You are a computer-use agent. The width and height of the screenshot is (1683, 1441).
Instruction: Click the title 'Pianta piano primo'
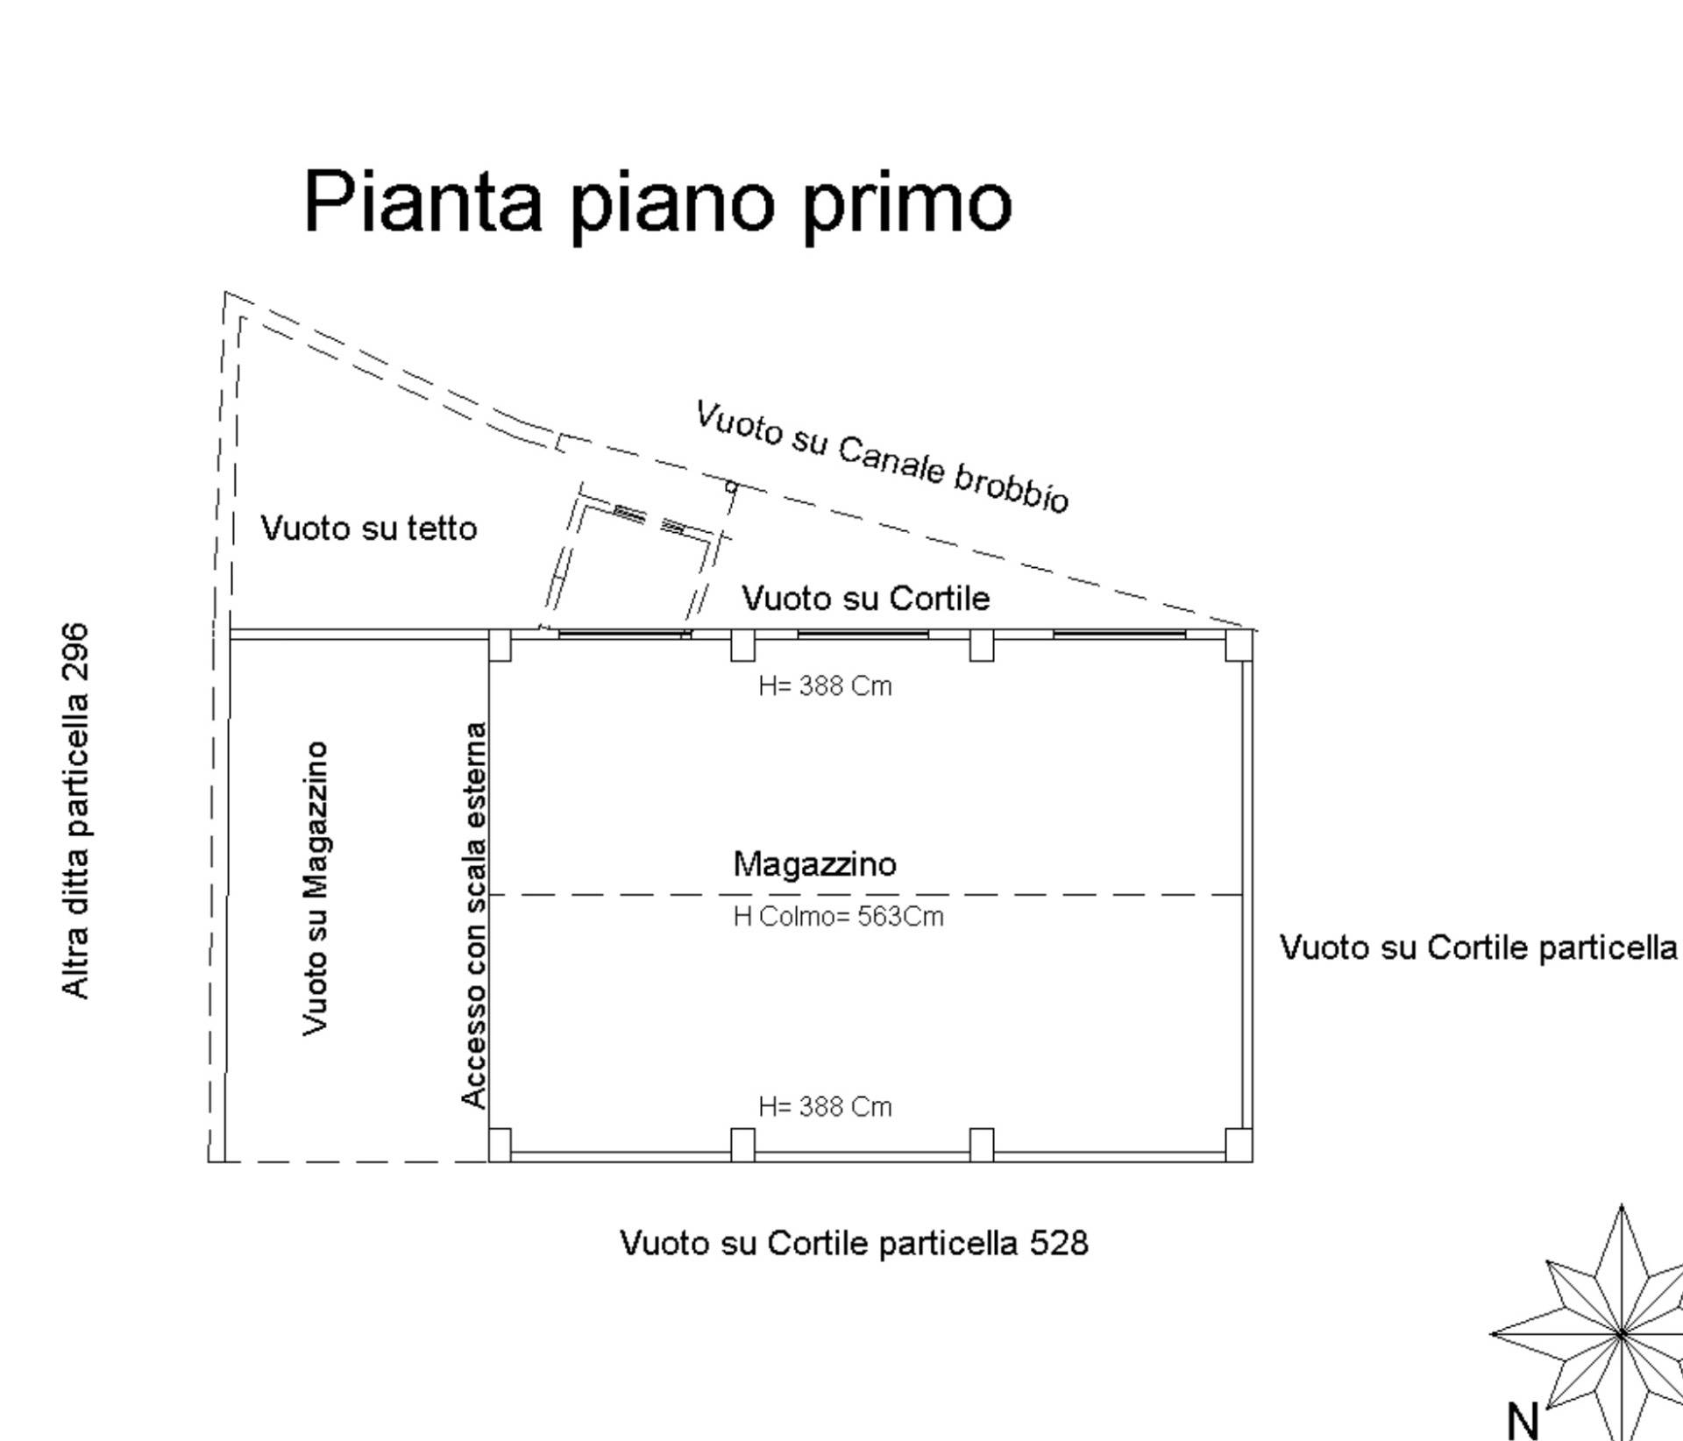tap(657, 203)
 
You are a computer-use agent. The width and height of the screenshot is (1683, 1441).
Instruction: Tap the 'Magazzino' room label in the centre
tap(814, 864)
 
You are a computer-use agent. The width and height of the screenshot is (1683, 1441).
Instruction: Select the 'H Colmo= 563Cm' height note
tap(838, 917)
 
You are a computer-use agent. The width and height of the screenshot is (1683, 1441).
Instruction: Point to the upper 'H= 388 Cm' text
tap(825, 685)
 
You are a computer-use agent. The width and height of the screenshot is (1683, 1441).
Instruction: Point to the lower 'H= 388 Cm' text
tap(825, 1107)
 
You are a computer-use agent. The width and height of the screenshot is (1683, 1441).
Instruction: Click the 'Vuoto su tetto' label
tap(369, 529)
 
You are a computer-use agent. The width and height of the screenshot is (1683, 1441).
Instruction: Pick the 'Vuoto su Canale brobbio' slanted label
tap(882, 457)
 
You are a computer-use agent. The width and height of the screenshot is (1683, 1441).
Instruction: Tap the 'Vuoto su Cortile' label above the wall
tap(865, 599)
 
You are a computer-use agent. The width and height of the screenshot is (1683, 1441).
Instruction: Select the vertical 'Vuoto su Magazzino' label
tap(316, 888)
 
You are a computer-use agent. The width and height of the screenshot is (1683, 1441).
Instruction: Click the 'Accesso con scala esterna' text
tap(473, 915)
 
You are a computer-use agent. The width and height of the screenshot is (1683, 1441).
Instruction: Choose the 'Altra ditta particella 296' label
tap(76, 811)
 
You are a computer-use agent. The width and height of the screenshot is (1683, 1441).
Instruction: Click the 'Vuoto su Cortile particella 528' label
tap(854, 1243)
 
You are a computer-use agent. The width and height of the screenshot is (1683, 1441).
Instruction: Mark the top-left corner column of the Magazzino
tap(500, 645)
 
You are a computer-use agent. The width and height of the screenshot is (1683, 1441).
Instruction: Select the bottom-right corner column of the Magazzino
tap(1239, 1144)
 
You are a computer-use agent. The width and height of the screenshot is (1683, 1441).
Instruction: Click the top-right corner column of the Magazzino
tap(1239, 645)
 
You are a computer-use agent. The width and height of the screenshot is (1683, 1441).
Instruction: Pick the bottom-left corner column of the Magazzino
tap(500, 1144)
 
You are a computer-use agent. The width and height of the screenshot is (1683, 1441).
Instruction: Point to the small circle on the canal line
tap(732, 487)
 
